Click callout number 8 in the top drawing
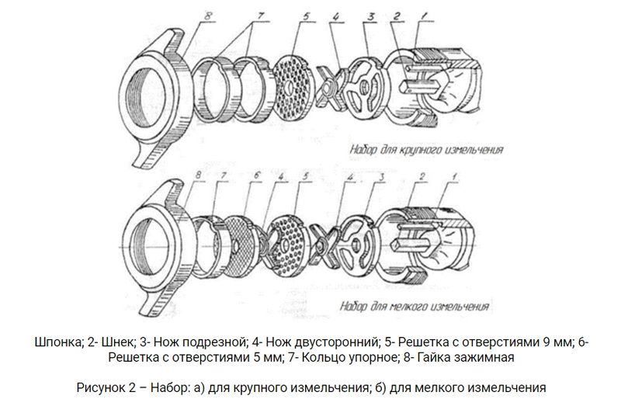208,16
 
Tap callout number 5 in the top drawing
307,17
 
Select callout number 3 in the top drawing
371,16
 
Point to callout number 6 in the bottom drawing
257,175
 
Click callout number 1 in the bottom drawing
455,175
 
